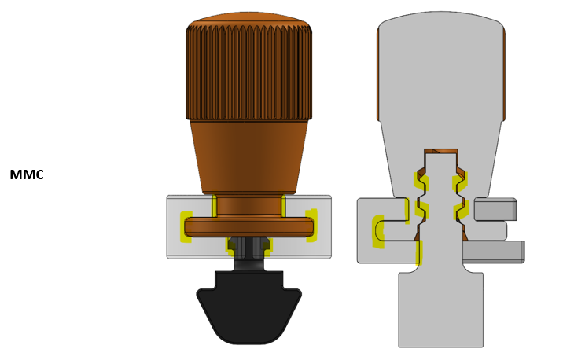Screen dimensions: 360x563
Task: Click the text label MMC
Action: click(26, 174)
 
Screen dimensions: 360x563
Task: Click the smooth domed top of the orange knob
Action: click(248, 17)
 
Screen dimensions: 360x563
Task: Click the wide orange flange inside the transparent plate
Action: click(248, 226)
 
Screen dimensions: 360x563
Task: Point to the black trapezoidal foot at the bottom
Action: click(248, 310)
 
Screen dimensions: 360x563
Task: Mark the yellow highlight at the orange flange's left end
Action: click(186, 226)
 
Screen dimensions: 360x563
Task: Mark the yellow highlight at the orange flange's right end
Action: click(311, 226)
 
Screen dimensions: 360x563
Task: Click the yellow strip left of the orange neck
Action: click(214, 206)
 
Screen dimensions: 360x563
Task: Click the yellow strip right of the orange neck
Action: click(283, 206)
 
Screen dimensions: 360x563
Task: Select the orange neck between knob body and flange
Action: click(248, 206)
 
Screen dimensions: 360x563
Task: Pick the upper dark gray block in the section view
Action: click(495, 210)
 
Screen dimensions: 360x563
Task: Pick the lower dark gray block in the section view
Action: click(492, 252)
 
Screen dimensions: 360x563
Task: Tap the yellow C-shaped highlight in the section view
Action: click(377, 231)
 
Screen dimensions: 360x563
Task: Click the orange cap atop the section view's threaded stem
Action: click(440, 151)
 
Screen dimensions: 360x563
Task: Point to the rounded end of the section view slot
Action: click(381, 230)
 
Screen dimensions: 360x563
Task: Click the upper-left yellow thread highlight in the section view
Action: click(421, 182)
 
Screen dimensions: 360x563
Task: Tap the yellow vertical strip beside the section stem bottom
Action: click(419, 252)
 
